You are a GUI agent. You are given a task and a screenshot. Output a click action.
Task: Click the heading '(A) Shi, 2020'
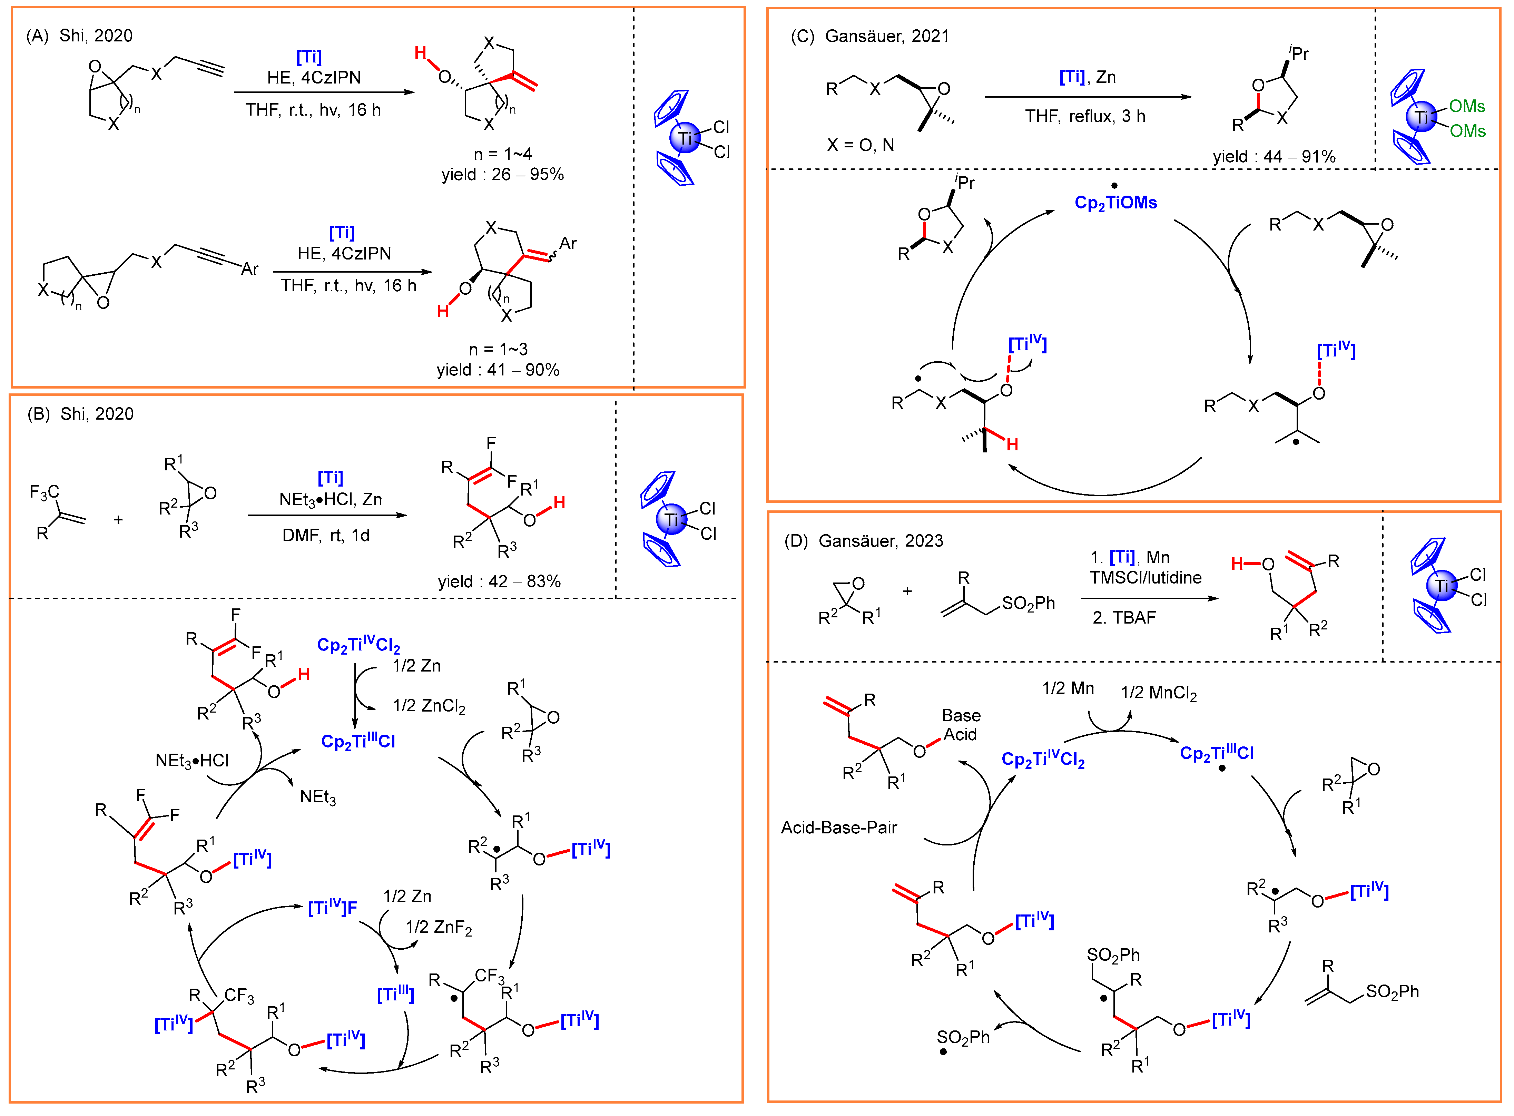[x=79, y=36]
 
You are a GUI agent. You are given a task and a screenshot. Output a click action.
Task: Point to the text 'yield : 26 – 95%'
[x=502, y=174]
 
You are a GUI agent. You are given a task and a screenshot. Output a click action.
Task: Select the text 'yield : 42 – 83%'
[x=499, y=582]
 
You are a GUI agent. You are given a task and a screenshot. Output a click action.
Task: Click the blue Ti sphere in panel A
[x=685, y=138]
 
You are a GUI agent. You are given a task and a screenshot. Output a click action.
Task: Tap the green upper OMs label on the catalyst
[x=1467, y=106]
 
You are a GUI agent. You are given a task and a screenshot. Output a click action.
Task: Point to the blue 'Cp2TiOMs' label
[x=1115, y=203]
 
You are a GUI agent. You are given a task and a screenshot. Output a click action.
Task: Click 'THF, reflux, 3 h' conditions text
[x=1085, y=116]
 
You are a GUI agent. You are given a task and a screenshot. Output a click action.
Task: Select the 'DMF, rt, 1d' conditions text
[x=325, y=536]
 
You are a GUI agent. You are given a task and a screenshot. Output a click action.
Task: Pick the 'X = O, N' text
[x=860, y=145]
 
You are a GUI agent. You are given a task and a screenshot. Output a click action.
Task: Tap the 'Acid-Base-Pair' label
[x=839, y=828]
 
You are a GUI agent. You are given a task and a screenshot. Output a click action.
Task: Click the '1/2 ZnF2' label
[x=438, y=928]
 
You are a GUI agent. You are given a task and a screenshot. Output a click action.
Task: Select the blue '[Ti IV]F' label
[x=332, y=907]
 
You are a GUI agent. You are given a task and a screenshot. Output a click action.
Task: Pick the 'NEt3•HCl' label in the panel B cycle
[x=192, y=761]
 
